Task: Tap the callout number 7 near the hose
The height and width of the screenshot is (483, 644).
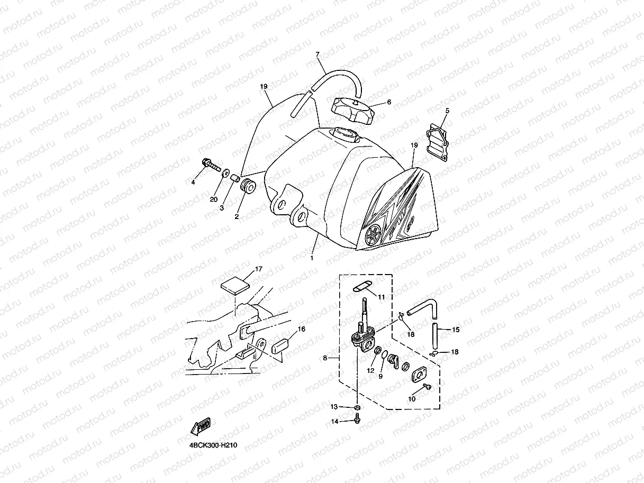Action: pyautogui.click(x=318, y=54)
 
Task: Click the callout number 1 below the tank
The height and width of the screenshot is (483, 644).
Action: pyautogui.click(x=312, y=258)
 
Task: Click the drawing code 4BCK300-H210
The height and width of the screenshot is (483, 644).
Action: pyautogui.click(x=213, y=445)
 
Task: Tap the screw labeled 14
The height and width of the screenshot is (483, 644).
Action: pyautogui.click(x=357, y=421)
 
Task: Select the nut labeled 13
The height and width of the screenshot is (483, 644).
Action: pyautogui.click(x=358, y=407)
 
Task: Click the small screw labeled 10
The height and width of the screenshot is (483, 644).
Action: pyautogui.click(x=428, y=388)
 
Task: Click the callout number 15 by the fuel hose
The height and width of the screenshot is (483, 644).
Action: pyautogui.click(x=455, y=330)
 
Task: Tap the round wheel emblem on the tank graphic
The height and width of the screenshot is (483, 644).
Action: pyautogui.click(x=373, y=234)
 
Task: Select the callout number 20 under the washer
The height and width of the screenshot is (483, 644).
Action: pyautogui.click(x=214, y=199)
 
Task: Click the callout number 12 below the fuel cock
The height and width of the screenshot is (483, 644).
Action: pyautogui.click(x=371, y=370)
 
